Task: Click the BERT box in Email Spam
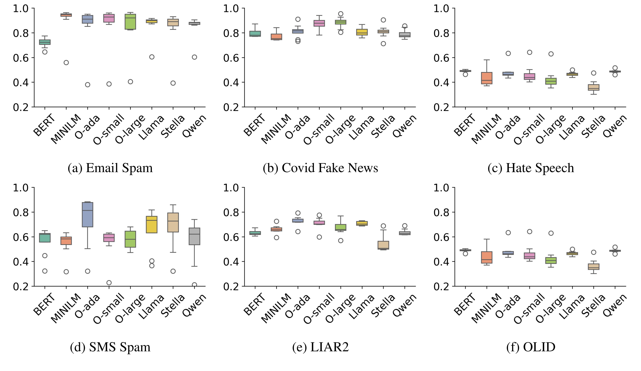[45, 42]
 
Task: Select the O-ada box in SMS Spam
[88, 214]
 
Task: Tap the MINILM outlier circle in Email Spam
[66, 63]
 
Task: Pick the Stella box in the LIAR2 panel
[383, 245]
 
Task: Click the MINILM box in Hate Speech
[487, 78]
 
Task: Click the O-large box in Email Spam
[130, 22]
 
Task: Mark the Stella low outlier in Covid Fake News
[383, 44]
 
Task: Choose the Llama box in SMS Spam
[152, 225]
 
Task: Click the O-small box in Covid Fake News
[319, 23]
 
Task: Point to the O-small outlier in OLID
[530, 232]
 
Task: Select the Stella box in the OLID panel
[594, 266]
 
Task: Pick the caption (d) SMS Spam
[110, 347]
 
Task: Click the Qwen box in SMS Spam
[194, 236]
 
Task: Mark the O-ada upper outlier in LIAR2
[298, 213]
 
